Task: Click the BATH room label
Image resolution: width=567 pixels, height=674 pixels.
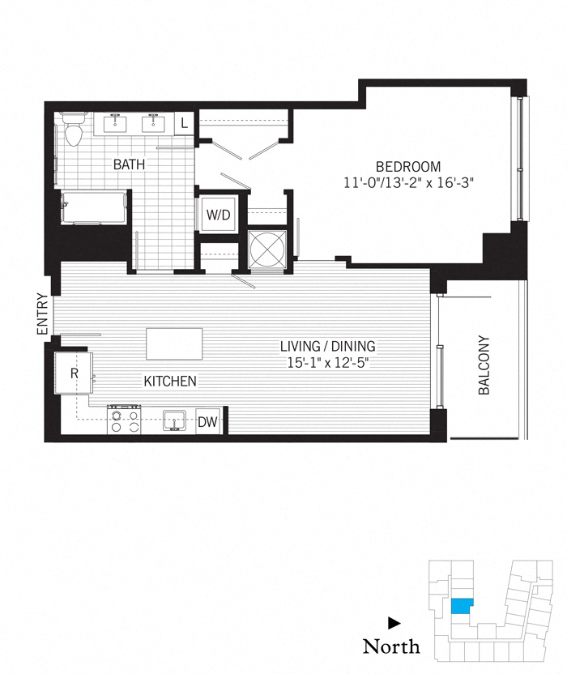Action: pyautogui.click(x=129, y=164)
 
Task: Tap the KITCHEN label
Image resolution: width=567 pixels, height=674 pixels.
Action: pyautogui.click(x=170, y=381)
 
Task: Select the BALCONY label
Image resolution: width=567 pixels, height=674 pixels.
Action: pyautogui.click(x=484, y=365)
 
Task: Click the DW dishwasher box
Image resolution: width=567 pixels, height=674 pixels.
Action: pyautogui.click(x=208, y=422)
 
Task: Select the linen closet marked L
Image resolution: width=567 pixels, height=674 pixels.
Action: pyautogui.click(x=185, y=123)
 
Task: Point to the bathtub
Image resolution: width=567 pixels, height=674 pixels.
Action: pyautogui.click(x=94, y=207)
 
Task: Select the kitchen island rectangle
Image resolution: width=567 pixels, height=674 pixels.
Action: pyautogui.click(x=174, y=343)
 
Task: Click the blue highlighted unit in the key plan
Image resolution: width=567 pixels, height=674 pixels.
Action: pyautogui.click(x=462, y=607)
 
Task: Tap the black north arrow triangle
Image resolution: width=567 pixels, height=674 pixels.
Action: pyautogui.click(x=394, y=623)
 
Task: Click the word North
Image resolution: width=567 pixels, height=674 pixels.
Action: pyautogui.click(x=391, y=646)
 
